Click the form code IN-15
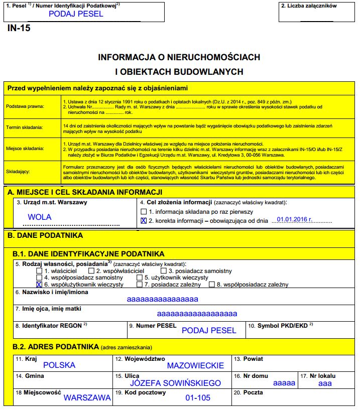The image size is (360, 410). pos(19,28)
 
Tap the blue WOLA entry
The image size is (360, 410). pos(40,217)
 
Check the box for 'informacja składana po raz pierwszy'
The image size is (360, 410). pos(144,212)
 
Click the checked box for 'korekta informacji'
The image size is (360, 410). pos(144,220)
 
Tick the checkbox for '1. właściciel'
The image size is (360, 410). pos(39,271)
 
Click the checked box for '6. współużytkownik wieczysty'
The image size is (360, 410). pos(39,285)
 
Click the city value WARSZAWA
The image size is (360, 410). pos(87,398)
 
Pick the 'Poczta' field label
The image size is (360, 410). pos(250,392)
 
